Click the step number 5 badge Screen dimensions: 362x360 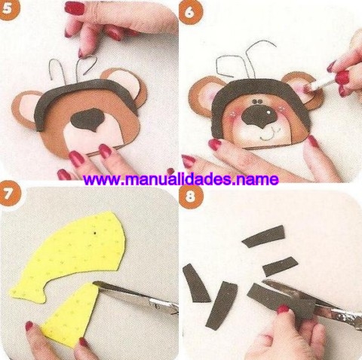point(8,9)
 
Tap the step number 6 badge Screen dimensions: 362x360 point(190,12)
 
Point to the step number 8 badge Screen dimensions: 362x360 point(190,196)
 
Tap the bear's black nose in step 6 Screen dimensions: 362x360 point(258,116)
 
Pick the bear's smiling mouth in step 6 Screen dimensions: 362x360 point(269,134)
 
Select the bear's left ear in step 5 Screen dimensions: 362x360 point(24,108)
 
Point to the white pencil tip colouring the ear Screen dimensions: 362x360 point(307,87)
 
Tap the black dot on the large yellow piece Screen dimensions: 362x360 point(95,233)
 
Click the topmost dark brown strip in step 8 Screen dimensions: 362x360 point(264,236)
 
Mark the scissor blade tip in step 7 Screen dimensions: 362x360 point(94,282)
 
